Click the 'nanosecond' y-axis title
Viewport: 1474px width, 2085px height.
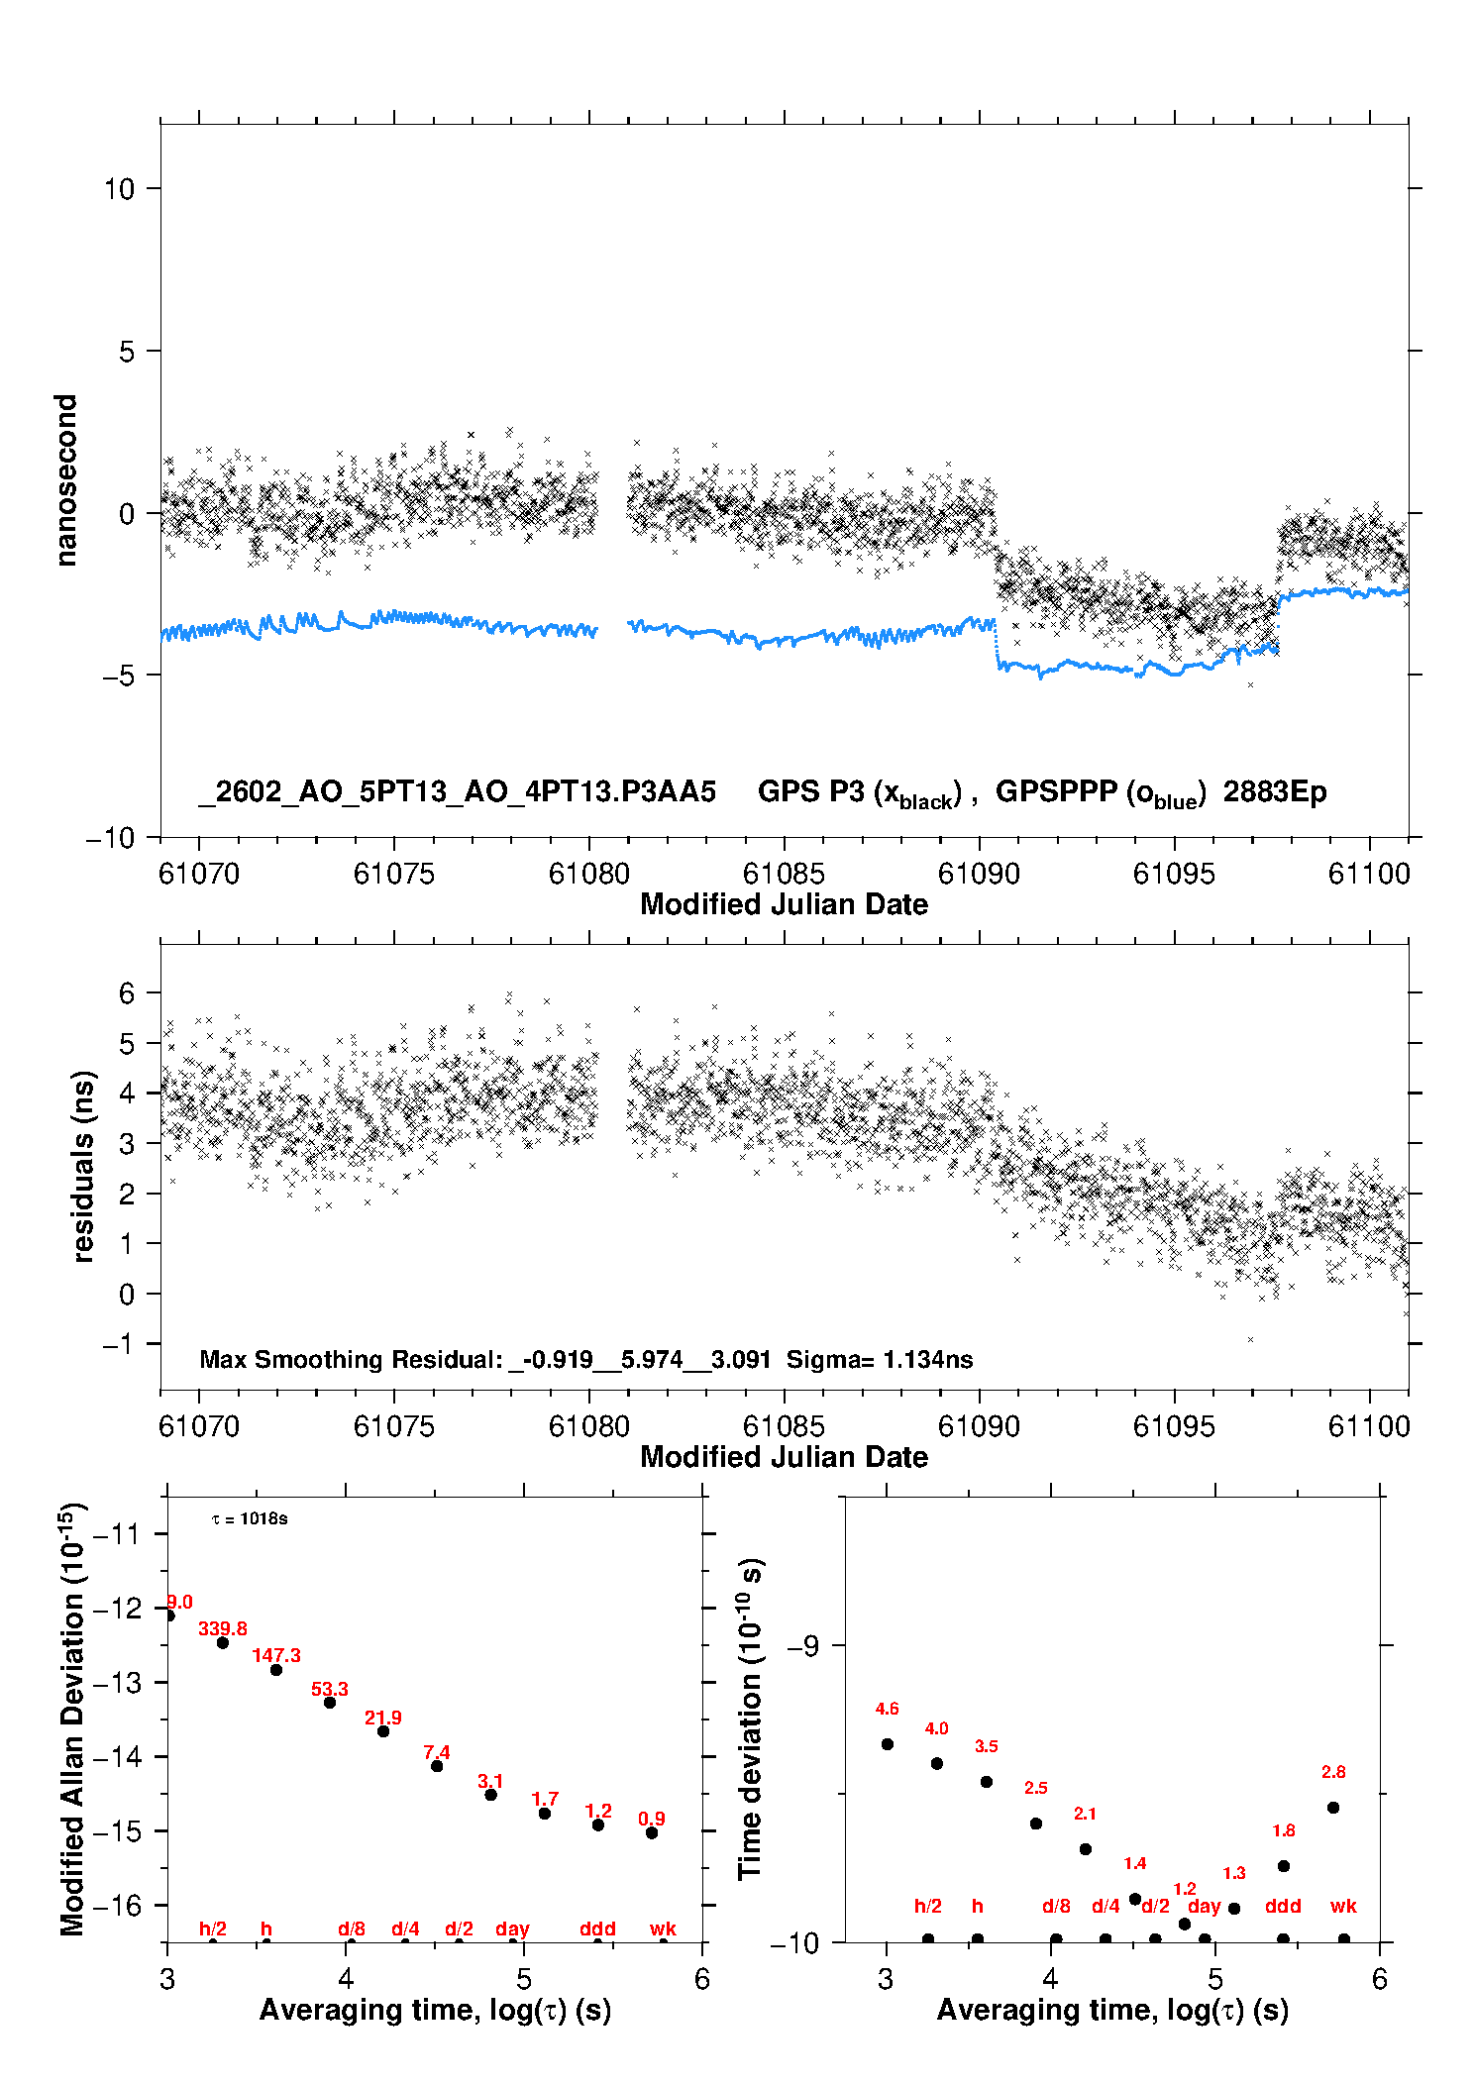coord(66,480)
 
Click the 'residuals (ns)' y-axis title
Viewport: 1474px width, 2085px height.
coord(83,1167)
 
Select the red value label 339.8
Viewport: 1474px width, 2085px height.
coord(223,1628)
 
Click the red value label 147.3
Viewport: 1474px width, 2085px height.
coord(276,1655)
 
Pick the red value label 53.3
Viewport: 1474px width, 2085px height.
coord(330,1689)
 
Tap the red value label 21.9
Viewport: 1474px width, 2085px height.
coord(383,1718)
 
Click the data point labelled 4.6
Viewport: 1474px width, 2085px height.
coord(888,1744)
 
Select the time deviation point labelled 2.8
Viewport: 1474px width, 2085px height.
coord(1333,1808)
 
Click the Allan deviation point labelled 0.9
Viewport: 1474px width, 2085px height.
coord(652,1832)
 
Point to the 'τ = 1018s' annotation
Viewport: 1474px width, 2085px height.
coord(250,1519)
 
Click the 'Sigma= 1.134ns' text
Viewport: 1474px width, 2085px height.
coord(880,1359)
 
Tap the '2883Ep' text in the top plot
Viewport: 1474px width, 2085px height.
coord(1275,791)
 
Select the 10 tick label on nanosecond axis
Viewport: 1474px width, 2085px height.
coord(119,188)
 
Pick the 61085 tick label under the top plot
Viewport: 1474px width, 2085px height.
coord(784,874)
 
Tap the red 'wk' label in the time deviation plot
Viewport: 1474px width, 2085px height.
coord(1343,1906)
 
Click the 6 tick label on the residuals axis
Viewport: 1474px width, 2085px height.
coord(127,992)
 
